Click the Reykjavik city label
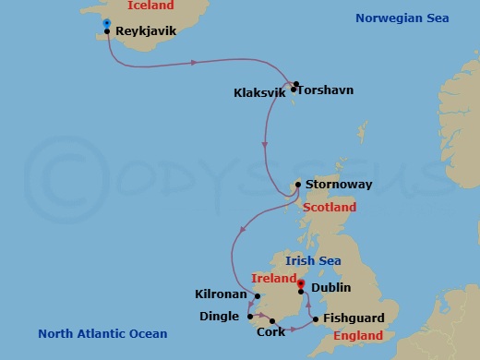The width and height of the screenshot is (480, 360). (x=147, y=30)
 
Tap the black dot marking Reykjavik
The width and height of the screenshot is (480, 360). (x=109, y=31)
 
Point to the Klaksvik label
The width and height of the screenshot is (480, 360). (x=261, y=93)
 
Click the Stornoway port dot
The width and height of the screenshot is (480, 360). (x=297, y=185)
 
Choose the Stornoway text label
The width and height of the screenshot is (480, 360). (x=339, y=185)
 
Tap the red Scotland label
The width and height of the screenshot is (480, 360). (x=330, y=208)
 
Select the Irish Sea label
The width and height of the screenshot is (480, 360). (x=313, y=261)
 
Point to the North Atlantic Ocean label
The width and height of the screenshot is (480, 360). (x=102, y=333)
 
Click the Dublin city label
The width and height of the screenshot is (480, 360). (x=330, y=288)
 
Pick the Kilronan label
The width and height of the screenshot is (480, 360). (x=221, y=294)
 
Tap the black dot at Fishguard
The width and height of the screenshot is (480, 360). (x=316, y=320)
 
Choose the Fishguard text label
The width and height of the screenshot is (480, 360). (x=354, y=318)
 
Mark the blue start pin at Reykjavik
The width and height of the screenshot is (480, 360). (x=108, y=23)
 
